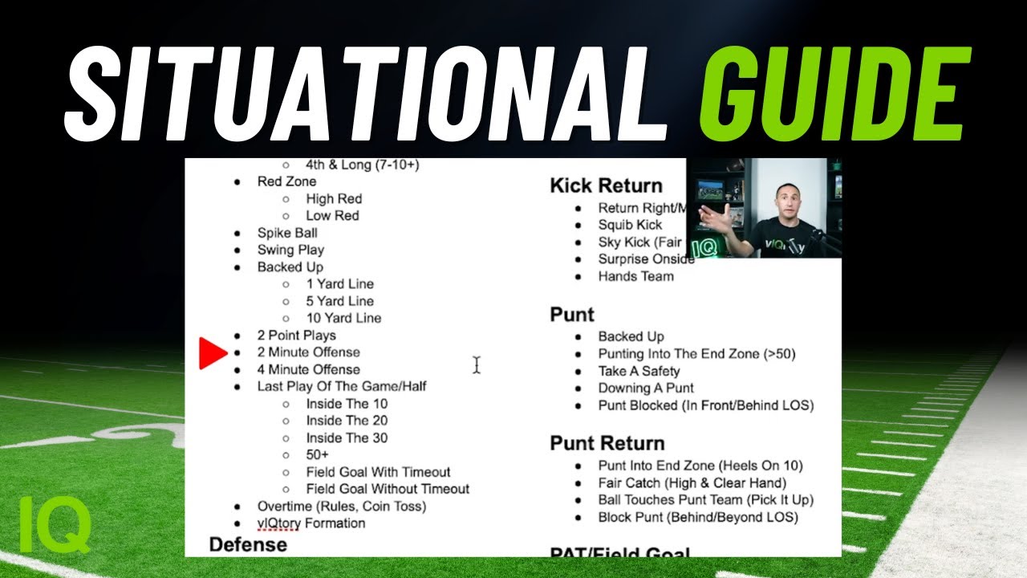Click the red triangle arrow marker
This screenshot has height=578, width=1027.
(213, 353)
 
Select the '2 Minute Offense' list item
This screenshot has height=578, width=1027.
(308, 352)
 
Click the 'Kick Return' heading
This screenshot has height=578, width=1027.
(606, 186)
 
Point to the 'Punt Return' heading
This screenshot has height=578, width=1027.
(607, 443)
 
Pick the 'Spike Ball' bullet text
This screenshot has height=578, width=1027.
(287, 233)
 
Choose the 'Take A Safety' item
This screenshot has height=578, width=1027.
(639, 371)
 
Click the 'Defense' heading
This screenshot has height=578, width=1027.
(248, 544)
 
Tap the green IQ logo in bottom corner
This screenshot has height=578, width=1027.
(55, 524)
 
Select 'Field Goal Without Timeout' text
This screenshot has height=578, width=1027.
(388, 489)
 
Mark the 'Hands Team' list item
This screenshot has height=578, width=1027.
(635, 276)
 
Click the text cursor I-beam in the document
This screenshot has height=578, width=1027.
(476, 365)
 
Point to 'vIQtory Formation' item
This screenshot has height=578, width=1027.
(311, 523)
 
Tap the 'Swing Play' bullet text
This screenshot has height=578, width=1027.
(290, 250)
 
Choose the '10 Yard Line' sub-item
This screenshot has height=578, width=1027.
(343, 318)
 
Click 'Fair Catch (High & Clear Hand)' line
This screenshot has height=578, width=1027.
(692, 482)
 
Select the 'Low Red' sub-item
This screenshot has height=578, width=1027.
(332, 215)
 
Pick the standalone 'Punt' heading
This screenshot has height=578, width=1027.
(572, 314)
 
